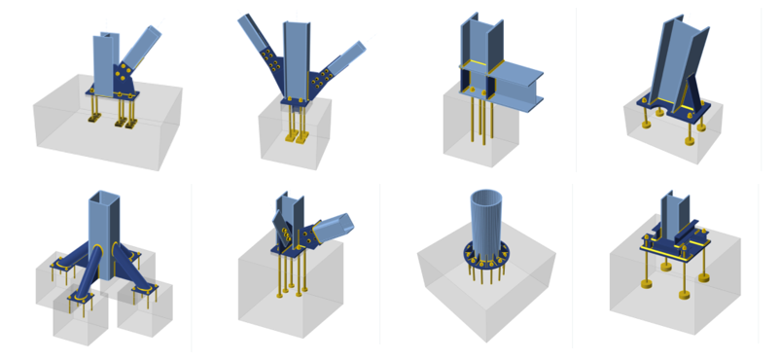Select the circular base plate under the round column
coord(486,261)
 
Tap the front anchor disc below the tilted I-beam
coord(690,139)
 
